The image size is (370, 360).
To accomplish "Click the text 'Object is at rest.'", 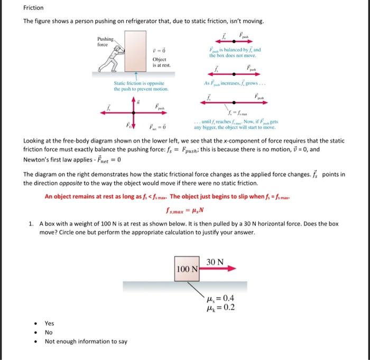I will (159, 62).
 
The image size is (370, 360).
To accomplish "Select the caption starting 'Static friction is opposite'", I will (139, 87).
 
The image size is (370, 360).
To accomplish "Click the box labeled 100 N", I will (187, 269).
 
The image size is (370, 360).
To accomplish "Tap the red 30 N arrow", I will (217, 269).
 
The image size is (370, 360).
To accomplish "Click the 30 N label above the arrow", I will (215, 262).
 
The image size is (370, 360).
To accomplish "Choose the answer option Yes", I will (49, 323).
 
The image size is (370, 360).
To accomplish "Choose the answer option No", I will (49, 333).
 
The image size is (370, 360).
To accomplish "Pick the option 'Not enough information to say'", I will (86, 341).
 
